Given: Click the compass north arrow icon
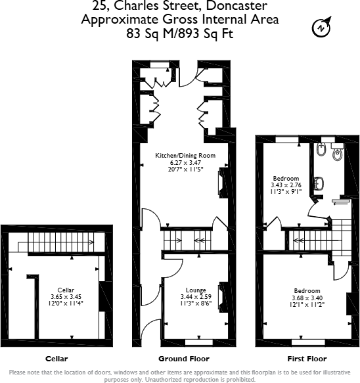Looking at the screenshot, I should pyautogui.click(x=321, y=28).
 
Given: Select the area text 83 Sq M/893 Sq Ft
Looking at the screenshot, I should pyautogui.click(x=179, y=33).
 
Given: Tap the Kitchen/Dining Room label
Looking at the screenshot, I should pyautogui.click(x=185, y=155).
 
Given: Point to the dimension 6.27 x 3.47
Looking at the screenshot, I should pyautogui.click(x=185, y=162).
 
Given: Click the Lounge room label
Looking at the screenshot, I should pyautogui.click(x=196, y=290).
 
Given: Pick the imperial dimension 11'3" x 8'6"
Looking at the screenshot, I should pyautogui.click(x=196, y=304).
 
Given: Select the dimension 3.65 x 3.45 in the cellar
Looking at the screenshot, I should pyautogui.click(x=66, y=297).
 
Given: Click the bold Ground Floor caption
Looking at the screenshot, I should pyautogui.click(x=184, y=359).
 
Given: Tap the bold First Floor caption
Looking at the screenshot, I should pyautogui.click(x=307, y=359).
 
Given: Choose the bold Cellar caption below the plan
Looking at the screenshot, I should pyautogui.click(x=56, y=359).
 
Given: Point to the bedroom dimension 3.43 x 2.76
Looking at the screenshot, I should pyautogui.click(x=285, y=186).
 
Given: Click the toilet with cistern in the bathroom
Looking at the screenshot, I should pyautogui.click(x=337, y=154).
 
